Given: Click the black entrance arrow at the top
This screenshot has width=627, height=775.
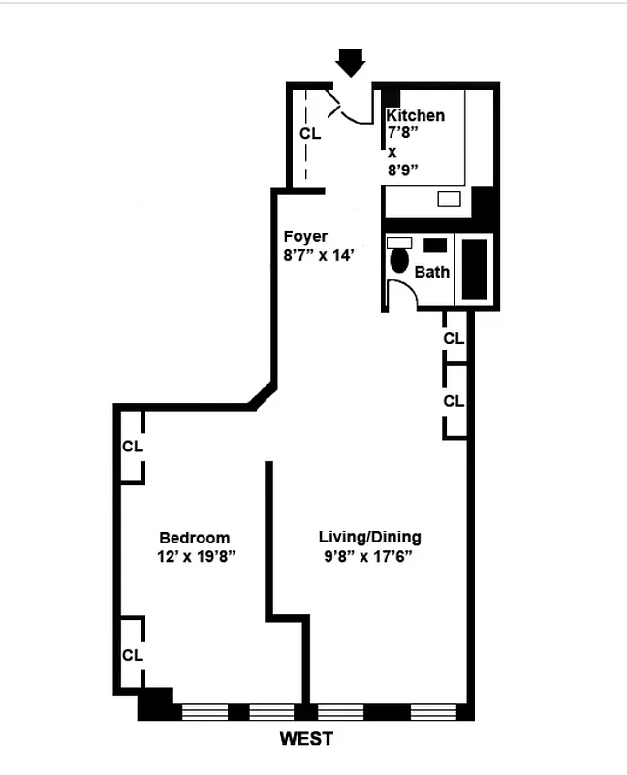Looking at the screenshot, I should tap(351, 63).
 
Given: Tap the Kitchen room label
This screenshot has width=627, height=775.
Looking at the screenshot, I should tap(416, 116).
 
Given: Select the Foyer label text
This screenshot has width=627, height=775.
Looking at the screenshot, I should tap(305, 236).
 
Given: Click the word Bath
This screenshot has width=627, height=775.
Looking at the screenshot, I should tap(432, 272).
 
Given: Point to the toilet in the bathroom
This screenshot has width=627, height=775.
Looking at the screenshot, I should tap(399, 261).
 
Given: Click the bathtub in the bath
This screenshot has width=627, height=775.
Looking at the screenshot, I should tap(475, 268).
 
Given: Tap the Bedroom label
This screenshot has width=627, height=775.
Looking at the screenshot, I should tap(195, 539).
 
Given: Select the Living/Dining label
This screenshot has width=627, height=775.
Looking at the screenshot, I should tap(370, 538).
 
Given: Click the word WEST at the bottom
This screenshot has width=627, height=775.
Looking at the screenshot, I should tap(306, 739).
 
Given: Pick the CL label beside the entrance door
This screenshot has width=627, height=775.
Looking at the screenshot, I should tap(310, 134).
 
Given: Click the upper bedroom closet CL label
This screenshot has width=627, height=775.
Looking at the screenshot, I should tap(133, 447).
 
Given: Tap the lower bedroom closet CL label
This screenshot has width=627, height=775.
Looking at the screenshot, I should tap(133, 655).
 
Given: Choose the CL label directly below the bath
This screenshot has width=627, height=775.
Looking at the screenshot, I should tap(454, 339).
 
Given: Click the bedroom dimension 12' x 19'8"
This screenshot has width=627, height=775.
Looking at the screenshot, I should tap(197, 557).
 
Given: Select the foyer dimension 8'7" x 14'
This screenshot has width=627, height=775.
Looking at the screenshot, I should tap(320, 256).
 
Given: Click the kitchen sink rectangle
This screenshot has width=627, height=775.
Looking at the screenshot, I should tap(449, 199).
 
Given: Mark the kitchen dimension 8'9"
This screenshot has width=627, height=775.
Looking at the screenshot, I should tap(402, 170).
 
